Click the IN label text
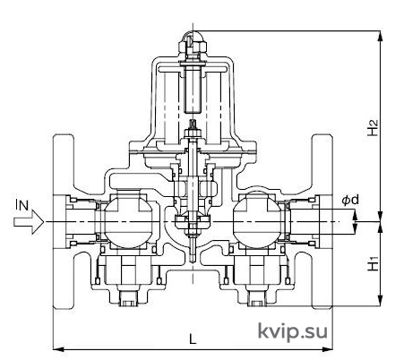click(22, 205)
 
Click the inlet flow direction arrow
click(29, 222)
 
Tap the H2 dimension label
click(373, 128)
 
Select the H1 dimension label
click(373, 263)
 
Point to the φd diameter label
click(350, 200)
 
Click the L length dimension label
click(193, 339)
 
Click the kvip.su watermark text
click(292, 331)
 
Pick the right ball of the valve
click(257, 221)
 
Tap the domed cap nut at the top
click(193, 38)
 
